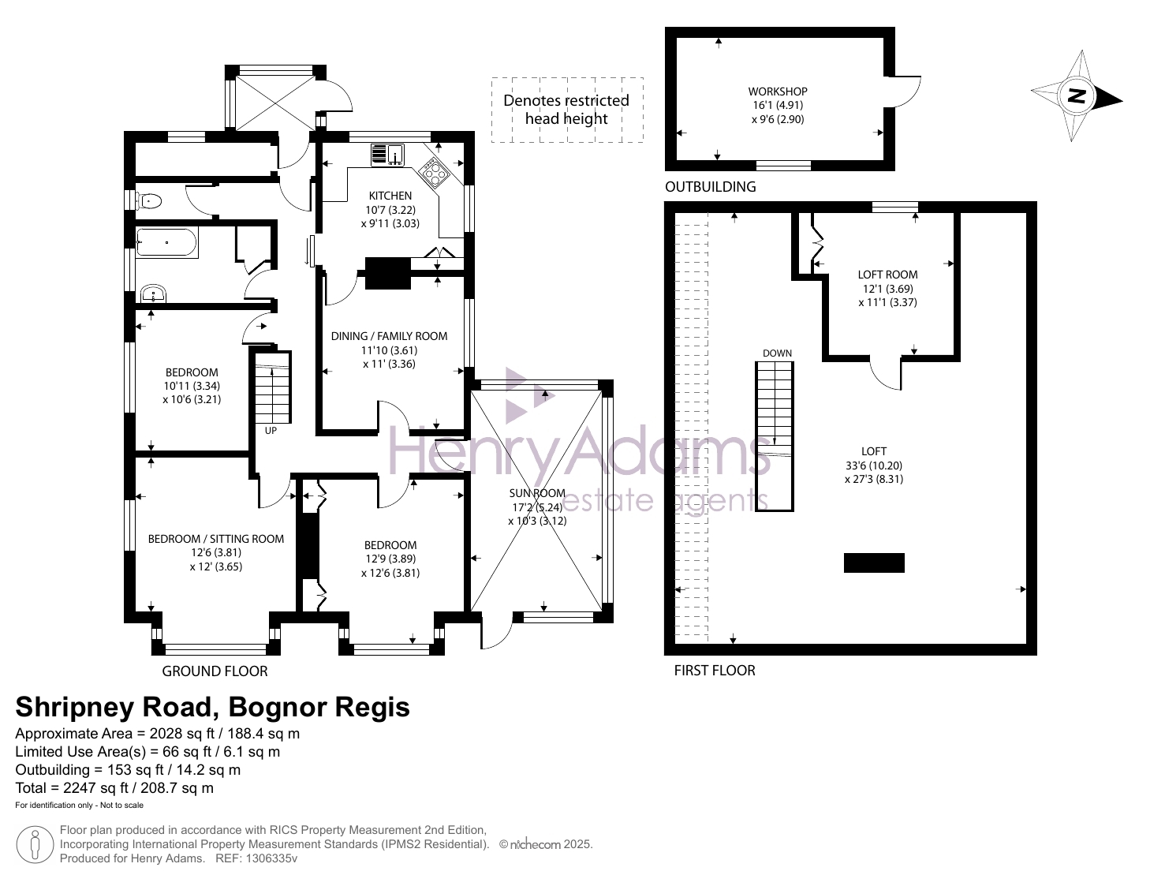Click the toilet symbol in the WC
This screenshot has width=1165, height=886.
(x=148, y=201)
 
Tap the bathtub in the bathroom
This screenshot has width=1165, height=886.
(x=166, y=242)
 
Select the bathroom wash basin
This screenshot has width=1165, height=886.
(x=154, y=293)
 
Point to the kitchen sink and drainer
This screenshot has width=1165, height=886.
(x=387, y=155)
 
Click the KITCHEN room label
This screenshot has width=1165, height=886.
(x=390, y=196)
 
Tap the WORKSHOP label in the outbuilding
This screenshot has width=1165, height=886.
(x=778, y=92)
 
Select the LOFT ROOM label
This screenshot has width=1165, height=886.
(x=887, y=275)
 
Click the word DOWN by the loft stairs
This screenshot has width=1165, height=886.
(x=777, y=353)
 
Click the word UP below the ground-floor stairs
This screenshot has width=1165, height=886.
(x=271, y=431)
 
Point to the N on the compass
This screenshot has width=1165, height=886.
(x=1077, y=96)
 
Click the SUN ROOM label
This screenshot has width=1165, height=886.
(x=537, y=493)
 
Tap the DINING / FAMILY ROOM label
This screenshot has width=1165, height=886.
(x=389, y=336)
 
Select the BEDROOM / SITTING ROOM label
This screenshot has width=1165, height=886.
(x=215, y=539)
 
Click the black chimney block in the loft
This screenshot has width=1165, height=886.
(x=874, y=563)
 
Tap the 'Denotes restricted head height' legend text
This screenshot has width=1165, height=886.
(x=566, y=110)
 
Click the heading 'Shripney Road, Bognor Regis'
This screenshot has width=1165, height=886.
(x=212, y=707)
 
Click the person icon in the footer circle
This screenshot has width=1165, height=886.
(x=35, y=845)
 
